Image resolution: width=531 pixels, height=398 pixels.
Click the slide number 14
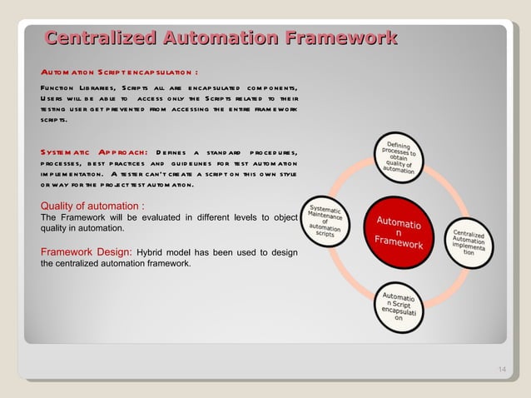pyautogui.click(x=502, y=370)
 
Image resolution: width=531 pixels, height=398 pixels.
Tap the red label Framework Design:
pyautogui.click(x=86, y=251)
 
